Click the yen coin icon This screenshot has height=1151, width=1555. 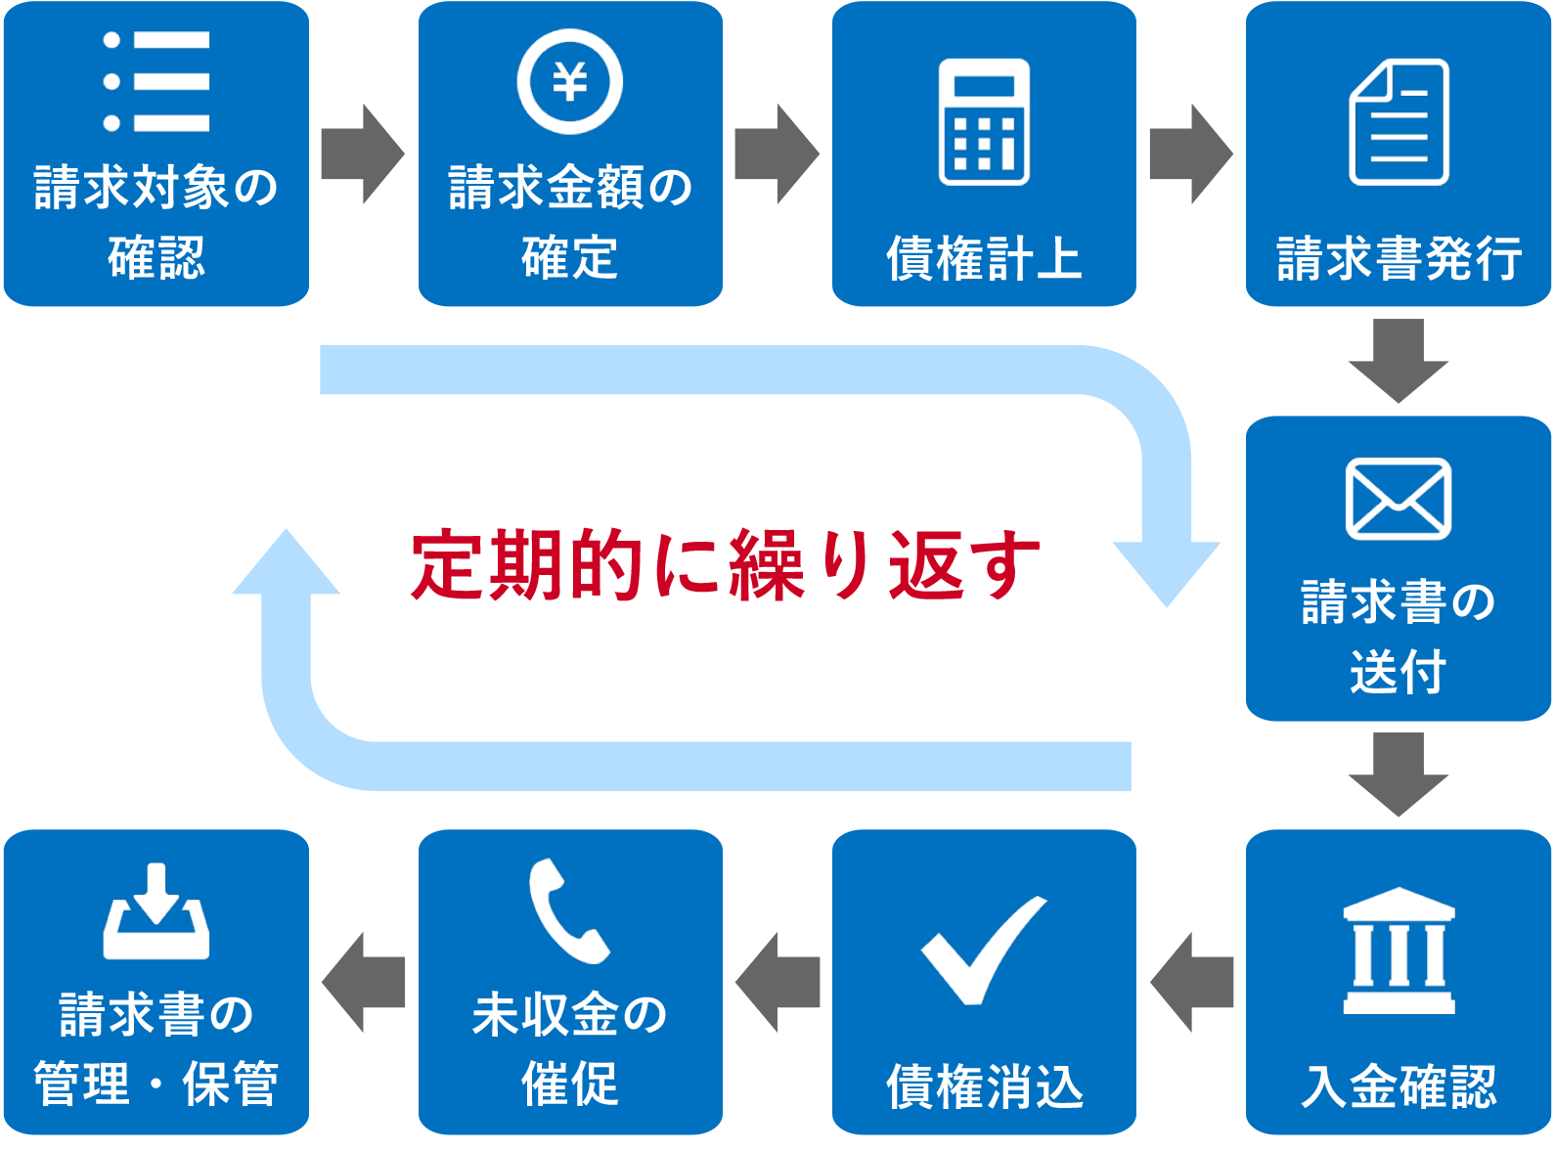570,81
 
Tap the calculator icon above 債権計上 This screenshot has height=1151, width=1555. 984,122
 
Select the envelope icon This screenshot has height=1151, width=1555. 1399,499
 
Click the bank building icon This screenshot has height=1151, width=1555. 1399,951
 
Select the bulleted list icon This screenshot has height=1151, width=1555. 156,81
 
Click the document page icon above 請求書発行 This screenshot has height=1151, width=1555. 1399,122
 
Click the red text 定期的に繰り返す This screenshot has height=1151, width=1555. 725,565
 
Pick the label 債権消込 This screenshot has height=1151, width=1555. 985,1085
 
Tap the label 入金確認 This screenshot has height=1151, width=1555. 1399,1085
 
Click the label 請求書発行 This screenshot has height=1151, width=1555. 1399,259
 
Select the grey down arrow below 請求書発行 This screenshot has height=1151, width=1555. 1399,360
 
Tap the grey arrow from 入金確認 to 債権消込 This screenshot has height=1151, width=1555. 1191,982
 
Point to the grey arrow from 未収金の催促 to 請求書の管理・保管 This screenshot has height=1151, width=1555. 363,982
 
